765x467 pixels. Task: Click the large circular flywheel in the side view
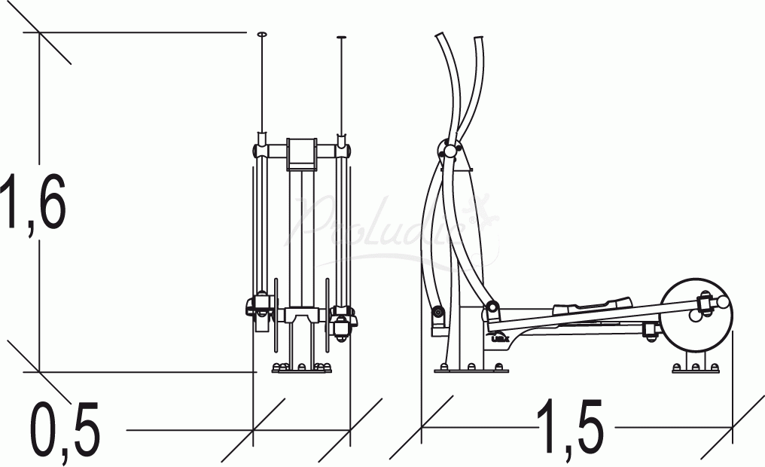pos(697,316)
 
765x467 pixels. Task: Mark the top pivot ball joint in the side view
pos(450,151)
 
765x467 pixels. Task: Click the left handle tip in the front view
pos(262,35)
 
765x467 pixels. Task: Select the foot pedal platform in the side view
pos(591,305)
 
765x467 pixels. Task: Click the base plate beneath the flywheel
pos(695,370)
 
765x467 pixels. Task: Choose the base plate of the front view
pos(302,370)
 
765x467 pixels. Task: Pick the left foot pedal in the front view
pos(259,308)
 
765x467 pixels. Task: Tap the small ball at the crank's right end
pos(724,302)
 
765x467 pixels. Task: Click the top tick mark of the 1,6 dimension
pos(39,32)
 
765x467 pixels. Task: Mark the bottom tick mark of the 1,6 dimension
pos(39,371)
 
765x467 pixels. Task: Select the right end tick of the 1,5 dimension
pos(733,427)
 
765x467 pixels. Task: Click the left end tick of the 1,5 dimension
pos(422,427)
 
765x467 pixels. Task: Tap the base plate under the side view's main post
pos(471,370)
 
